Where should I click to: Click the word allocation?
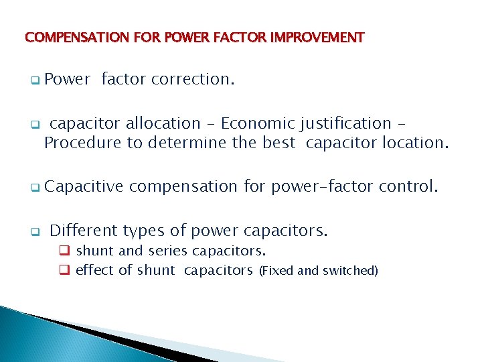(x=163, y=123)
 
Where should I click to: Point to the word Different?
(x=85, y=231)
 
